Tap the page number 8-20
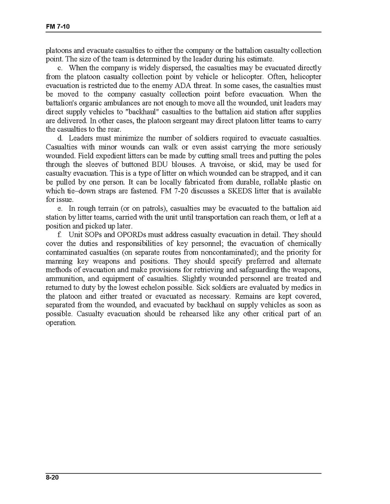coord(53,477)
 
